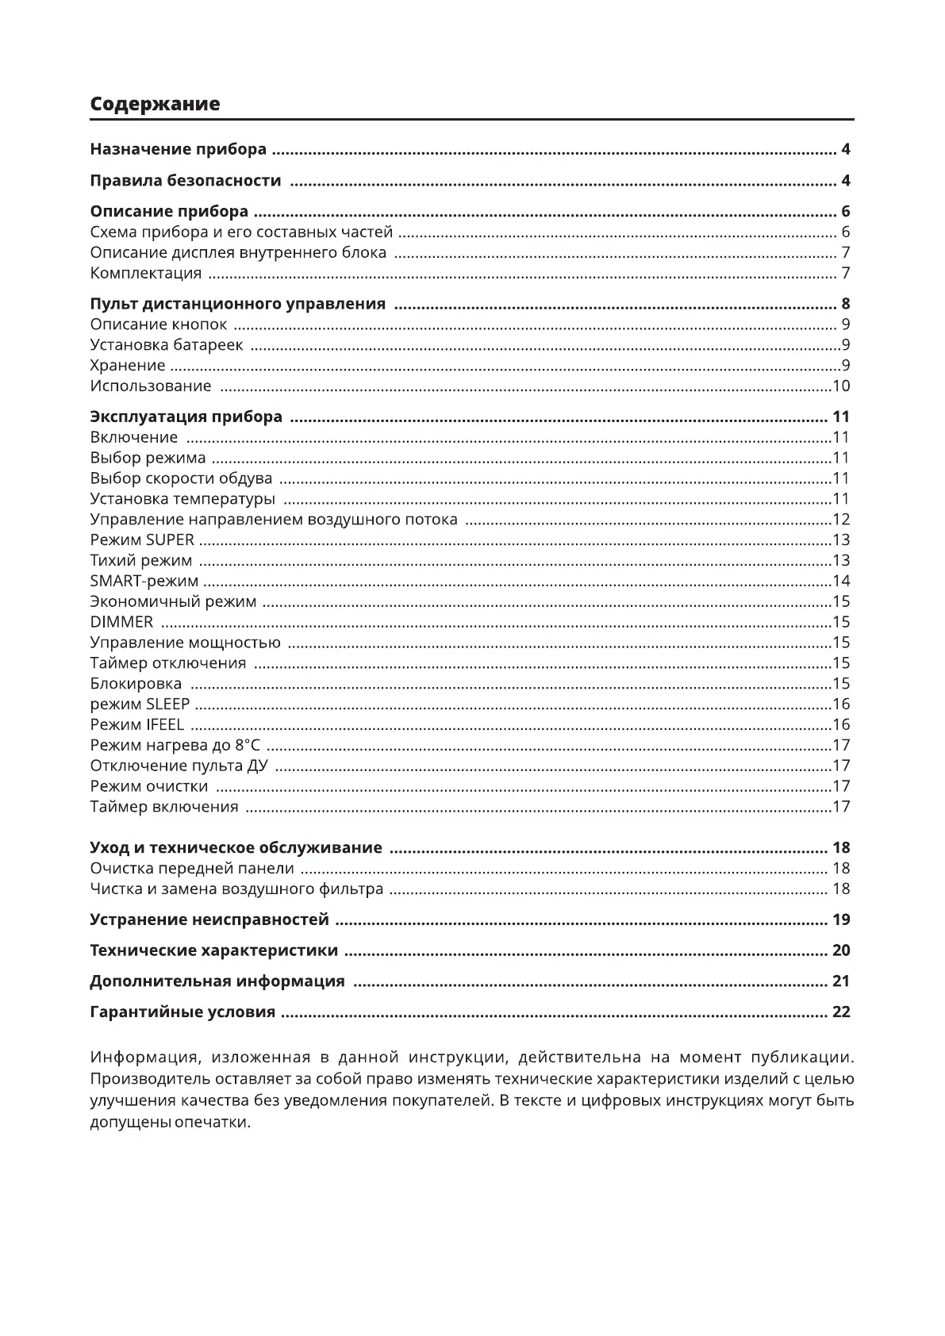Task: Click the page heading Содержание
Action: click(155, 104)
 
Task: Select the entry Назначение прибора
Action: click(179, 149)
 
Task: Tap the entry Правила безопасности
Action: click(186, 181)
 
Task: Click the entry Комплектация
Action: click(146, 274)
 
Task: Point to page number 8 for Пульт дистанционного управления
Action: click(846, 304)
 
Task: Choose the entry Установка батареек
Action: click(167, 345)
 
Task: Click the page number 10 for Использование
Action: click(841, 386)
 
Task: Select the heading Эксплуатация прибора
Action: click(186, 417)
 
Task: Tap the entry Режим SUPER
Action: click(142, 540)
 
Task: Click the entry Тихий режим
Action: click(141, 561)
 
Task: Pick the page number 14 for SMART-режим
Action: click(841, 582)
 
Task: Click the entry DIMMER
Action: click(121, 622)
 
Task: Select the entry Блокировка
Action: click(136, 684)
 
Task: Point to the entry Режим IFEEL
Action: click(137, 725)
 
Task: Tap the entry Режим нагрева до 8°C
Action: click(175, 746)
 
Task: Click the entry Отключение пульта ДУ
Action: click(179, 766)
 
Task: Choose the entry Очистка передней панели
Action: click(192, 869)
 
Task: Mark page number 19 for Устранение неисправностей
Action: click(841, 920)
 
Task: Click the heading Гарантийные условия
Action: click(182, 1012)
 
